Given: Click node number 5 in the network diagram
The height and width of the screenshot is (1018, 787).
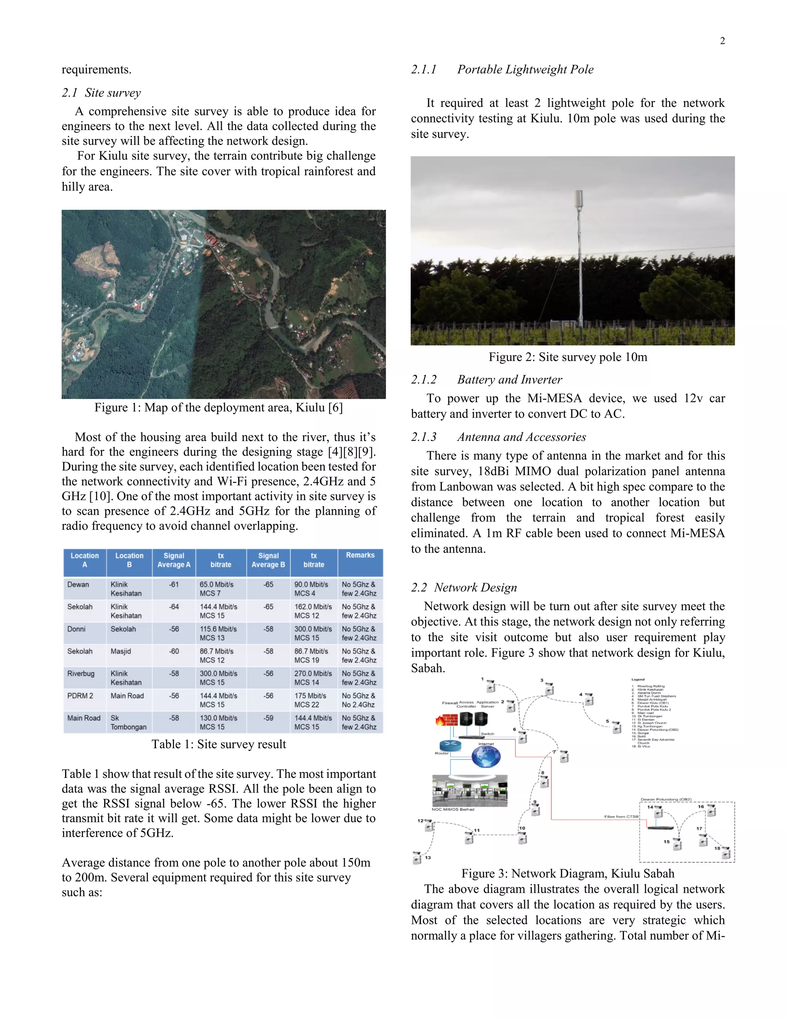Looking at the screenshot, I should point(616,727).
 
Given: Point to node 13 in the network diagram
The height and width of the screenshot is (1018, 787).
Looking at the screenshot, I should point(417,857).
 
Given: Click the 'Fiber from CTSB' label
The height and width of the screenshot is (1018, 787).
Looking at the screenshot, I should point(621,816).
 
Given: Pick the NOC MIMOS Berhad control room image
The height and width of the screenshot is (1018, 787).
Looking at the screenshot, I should point(470,791).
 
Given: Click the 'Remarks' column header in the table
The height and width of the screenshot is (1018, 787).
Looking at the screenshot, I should point(360,555).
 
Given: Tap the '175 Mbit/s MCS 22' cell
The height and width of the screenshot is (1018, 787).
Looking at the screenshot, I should point(310,700).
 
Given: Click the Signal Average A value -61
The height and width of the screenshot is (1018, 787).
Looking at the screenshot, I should point(174,585).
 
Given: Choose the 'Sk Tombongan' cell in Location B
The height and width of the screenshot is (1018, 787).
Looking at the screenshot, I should point(128,723).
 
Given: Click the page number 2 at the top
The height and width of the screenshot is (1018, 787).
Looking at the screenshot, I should point(722,41).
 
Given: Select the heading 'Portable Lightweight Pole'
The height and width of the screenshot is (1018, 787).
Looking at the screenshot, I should point(525,70).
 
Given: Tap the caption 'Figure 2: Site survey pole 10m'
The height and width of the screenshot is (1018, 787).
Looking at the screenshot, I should point(568,357).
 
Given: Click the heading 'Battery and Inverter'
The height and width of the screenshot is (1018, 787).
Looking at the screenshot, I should point(509,380).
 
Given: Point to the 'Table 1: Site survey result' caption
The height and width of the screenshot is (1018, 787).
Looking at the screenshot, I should point(218,744).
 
